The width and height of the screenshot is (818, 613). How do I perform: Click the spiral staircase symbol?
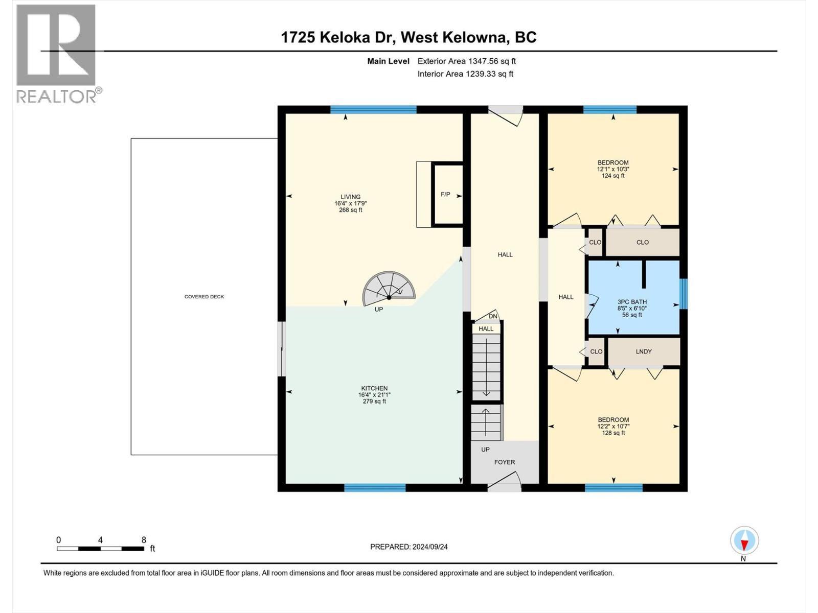(389, 289)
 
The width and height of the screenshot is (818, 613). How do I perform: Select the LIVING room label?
(351, 197)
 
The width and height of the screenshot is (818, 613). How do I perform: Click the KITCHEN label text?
(374, 389)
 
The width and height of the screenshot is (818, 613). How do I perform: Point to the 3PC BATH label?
(632, 302)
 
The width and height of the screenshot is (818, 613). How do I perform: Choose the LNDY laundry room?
(643, 351)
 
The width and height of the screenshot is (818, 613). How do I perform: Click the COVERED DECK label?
(204, 297)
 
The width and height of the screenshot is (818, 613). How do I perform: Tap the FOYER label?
(504, 462)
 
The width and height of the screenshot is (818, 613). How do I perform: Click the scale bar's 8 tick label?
(144, 540)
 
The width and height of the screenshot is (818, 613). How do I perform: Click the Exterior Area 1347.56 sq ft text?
(466, 61)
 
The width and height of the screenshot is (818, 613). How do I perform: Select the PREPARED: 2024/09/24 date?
(408, 547)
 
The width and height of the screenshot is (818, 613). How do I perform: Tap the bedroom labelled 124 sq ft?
(613, 169)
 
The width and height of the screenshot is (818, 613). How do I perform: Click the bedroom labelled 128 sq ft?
(613, 426)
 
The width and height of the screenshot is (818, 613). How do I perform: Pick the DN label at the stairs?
(493, 316)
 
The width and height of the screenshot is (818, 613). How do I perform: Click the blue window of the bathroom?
(684, 294)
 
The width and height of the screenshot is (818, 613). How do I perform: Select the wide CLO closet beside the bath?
(642, 242)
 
